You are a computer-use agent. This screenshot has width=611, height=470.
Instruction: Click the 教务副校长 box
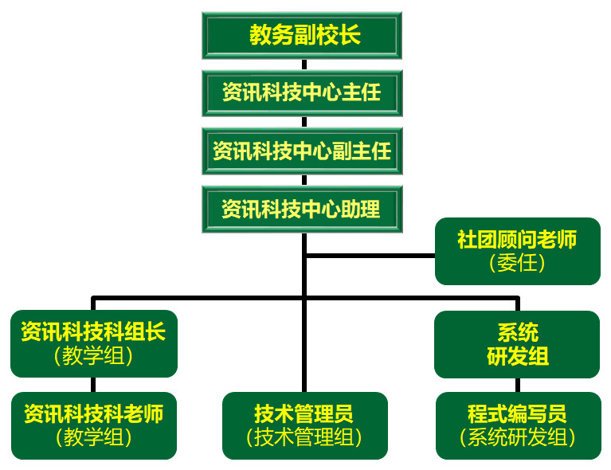point(302,35)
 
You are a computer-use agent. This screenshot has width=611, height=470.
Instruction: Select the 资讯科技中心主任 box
point(302,93)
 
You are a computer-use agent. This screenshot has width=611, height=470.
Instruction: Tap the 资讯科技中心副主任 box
point(302,151)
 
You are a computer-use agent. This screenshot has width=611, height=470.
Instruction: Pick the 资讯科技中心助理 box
point(302,209)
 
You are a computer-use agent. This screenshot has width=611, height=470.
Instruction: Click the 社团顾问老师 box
point(517,251)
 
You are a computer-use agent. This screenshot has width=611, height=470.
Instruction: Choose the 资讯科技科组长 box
point(93,343)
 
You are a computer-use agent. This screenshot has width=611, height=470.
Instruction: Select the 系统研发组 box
point(517,344)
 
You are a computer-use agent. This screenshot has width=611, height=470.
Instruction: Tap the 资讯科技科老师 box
point(93,425)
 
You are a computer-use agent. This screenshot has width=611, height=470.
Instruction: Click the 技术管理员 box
point(304,425)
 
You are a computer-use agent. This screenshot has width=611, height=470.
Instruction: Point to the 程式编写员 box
point(517,425)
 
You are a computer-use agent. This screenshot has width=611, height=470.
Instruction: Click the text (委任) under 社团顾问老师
point(517,264)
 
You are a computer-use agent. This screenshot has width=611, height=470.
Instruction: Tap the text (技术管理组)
point(304,437)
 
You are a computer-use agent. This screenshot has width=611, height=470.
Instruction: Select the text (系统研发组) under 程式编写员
point(517,437)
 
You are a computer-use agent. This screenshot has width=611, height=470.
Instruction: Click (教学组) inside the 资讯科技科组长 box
point(93,355)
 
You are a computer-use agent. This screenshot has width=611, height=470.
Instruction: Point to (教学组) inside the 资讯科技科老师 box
point(93,437)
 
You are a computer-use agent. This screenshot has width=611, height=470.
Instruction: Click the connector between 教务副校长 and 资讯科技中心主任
point(304,65)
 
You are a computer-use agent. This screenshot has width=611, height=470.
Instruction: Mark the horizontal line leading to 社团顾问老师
point(370,256)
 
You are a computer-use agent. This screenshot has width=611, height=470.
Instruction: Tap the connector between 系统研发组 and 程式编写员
point(518,385)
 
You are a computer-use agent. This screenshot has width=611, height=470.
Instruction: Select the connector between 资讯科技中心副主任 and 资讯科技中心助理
point(304,180)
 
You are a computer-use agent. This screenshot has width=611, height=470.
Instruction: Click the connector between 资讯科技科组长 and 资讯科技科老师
point(93,385)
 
